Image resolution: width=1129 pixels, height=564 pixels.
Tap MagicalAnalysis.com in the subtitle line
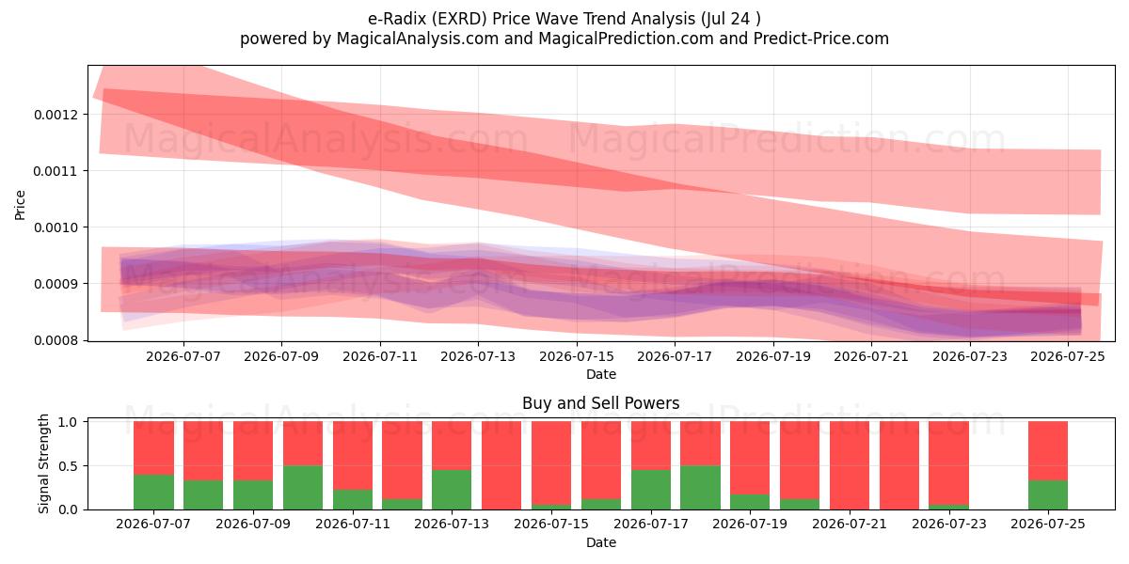(x=418, y=39)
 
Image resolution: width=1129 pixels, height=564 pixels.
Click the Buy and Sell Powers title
(x=601, y=403)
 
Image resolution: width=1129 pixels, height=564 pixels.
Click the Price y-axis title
(x=20, y=205)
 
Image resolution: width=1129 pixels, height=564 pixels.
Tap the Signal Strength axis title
(x=44, y=463)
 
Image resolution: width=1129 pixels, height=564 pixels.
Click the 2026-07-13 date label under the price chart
(x=478, y=357)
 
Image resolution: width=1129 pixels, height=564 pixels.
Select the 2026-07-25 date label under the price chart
(x=1068, y=357)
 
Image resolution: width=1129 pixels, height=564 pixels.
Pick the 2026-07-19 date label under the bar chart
(x=750, y=525)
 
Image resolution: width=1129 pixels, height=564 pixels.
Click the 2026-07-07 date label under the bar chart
(x=153, y=525)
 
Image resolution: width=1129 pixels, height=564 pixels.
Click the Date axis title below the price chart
(x=601, y=375)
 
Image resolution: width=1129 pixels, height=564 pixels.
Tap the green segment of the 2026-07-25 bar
(x=1048, y=495)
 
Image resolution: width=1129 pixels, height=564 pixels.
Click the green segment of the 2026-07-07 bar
(x=153, y=492)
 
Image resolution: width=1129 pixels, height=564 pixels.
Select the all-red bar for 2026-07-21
(x=850, y=465)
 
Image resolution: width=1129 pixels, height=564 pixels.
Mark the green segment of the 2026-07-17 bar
(x=651, y=490)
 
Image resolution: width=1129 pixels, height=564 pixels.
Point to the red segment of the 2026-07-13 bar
(x=452, y=446)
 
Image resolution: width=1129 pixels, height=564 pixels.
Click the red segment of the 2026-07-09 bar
(x=253, y=450)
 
